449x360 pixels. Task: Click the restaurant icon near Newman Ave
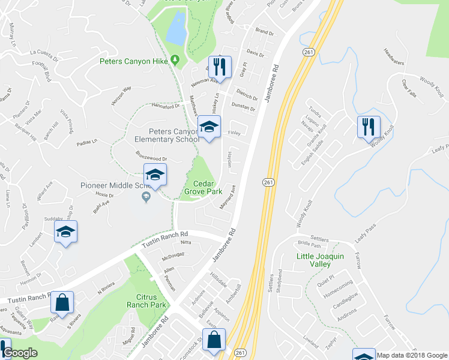pyautogui.click(x=220, y=67)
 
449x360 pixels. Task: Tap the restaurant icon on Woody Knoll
pyautogui.click(x=368, y=127)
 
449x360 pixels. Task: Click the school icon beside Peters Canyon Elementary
pyautogui.click(x=209, y=127)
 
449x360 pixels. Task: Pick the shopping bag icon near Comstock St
pyautogui.click(x=214, y=340)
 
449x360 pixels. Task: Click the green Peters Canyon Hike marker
pyautogui.click(x=175, y=60)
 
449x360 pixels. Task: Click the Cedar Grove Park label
pyautogui.click(x=207, y=188)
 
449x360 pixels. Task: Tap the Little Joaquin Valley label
pyautogui.click(x=321, y=260)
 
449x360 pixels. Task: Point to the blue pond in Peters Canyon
pyautogui.click(x=176, y=28)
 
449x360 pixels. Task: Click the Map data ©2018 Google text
pyautogui.click(x=411, y=355)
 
